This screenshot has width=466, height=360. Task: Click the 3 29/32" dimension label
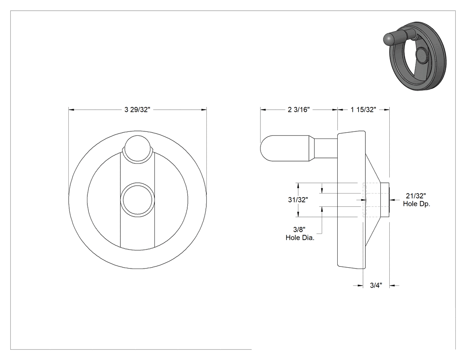(137, 110)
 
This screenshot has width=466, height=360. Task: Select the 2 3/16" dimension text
(299, 110)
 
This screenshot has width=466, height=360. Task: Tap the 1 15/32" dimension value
(363, 110)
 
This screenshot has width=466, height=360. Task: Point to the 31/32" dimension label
(298, 200)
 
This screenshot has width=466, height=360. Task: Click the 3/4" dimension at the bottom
(376, 285)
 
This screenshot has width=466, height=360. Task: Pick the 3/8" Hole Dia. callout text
(300, 233)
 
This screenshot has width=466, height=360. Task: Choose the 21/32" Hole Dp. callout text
(416, 200)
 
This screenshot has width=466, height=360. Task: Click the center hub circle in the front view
(137, 200)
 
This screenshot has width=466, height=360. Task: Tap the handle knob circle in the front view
(137, 149)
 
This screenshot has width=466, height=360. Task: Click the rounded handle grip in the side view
(285, 148)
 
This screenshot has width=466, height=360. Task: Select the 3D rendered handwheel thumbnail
(415, 56)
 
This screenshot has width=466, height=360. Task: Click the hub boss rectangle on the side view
(385, 200)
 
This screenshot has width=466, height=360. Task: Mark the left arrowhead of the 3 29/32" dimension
(71, 110)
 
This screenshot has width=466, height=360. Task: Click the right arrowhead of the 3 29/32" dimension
(204, 110)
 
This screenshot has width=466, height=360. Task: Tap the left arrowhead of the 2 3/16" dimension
(263, 110)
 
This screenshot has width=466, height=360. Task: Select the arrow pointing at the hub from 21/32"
(395, 200)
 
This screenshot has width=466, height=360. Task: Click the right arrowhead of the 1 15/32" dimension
(387, 110)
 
